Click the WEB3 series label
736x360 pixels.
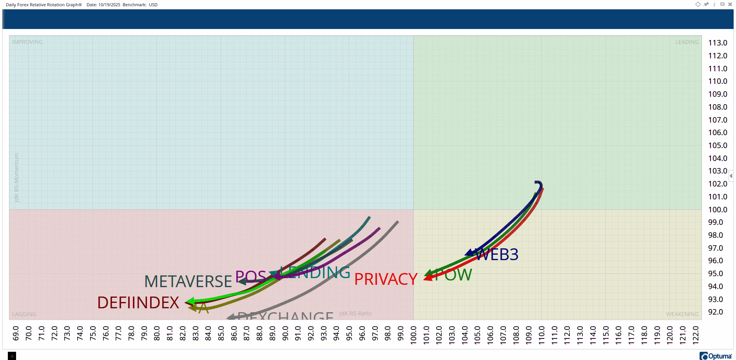(x=497, y=255)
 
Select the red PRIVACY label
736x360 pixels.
(x=386, y=279)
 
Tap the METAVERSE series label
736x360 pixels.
(x=188, y=282)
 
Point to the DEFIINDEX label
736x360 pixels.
(x=138, y=303)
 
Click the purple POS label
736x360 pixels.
(x=251, y=277)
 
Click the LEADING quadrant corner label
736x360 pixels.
(x=687, y=42)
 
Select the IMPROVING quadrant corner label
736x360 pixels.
(x=27, y=42)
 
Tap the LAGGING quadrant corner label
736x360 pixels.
(x=24, y=314)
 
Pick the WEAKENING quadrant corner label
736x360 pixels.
(x=682, y=314)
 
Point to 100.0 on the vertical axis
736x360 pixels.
(x=717, y=210)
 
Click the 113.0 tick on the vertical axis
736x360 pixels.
(x=717, y=43)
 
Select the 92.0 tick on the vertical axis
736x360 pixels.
(x=715, y=312)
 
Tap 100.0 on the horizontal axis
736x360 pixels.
(x=413, y=335)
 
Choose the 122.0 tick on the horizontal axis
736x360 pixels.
(x=696, y=335)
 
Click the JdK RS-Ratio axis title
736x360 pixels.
(x=355, y=313)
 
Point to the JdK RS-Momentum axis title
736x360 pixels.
(x=16, y=177)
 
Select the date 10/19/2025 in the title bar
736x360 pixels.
(x=109, y=5)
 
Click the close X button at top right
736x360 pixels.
(x=730, y=4)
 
